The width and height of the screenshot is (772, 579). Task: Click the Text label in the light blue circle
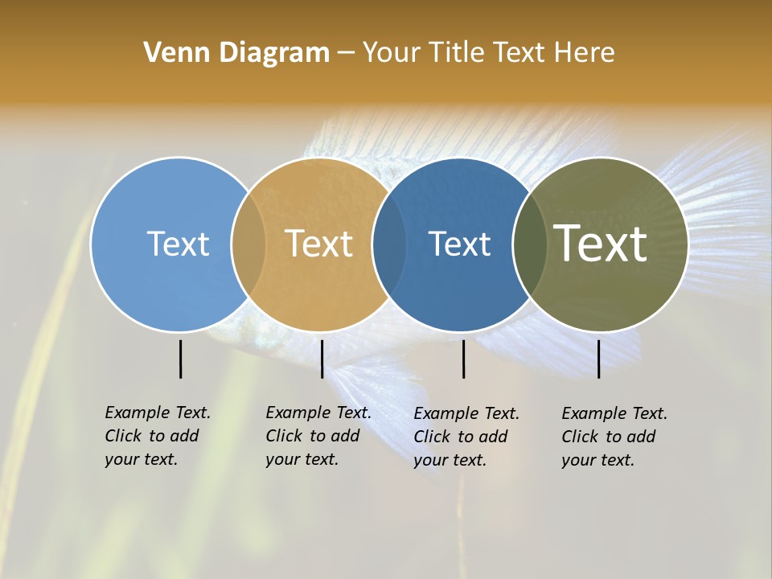tap(178, 244)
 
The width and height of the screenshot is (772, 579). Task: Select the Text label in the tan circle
tap(319, 244)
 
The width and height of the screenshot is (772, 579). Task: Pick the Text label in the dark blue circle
tap(460, 244)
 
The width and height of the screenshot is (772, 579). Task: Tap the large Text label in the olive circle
tap(601, 244)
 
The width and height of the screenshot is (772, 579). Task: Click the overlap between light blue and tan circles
tap(248, 244)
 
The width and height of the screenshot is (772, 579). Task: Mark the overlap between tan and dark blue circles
tap(389, 244)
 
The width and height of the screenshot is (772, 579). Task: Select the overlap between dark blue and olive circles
tap(530, 244)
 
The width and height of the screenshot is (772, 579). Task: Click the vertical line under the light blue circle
tap(180, 359)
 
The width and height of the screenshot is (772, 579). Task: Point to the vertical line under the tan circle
tap(322, 359)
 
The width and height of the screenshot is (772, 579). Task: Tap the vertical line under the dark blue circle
tap(463, 359)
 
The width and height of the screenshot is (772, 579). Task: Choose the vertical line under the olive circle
tap(598, 359)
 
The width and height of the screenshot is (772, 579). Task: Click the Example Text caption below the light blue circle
tap(158, 436)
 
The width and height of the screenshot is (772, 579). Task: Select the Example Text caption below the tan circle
tap(318, 436)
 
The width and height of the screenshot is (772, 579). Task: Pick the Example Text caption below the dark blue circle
tap(466, 437)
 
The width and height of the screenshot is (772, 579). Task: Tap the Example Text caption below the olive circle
tap(614, 437)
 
